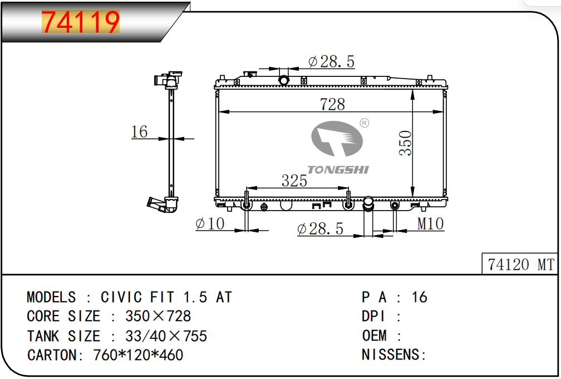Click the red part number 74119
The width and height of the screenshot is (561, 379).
click(x=81, y=22)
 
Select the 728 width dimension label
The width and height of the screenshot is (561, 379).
click(x=332, y=104)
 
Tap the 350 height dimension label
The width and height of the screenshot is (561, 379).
click(x=405, y=143)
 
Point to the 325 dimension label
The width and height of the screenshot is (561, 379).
click(x=294, y=181)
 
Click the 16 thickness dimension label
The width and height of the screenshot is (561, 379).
click(x=139, y=132)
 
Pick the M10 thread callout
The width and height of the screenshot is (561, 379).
click(x=430, y=223)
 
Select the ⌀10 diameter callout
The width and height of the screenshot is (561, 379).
click(x=210, y=223)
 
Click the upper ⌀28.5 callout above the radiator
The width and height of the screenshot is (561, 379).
click(x=331, y=62)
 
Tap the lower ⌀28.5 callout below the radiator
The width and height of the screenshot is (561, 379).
click(x=320, y=229)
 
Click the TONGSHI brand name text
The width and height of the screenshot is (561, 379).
click(x=338, y=170)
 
